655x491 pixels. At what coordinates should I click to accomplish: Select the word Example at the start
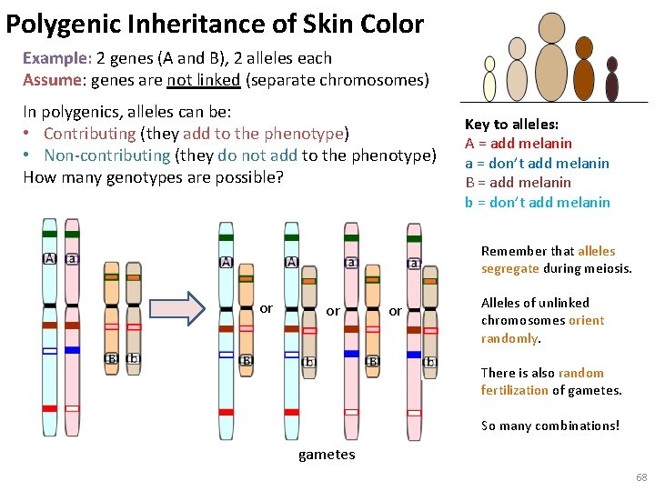point(55,58)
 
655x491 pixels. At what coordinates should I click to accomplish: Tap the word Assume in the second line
point(53,80)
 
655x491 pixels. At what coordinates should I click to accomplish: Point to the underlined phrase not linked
point(203,80)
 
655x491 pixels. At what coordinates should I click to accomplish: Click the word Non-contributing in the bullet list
point(106,155)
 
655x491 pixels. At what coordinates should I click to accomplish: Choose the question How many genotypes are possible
point(153,176)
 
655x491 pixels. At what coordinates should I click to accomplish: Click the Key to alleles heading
point(511,125)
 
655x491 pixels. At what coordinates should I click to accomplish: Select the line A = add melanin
point(519,144)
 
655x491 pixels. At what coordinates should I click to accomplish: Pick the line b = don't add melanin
point(537,202)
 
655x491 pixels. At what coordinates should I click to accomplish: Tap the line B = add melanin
point(518,183)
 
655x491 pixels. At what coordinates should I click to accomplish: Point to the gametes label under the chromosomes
point(327,455)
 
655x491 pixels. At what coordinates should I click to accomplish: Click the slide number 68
point(641,477)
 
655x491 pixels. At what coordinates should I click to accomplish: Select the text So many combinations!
point(549,426)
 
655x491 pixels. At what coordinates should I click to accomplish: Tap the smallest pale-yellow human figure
point(489,80)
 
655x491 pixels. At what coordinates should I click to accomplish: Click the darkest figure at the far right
point(612,81)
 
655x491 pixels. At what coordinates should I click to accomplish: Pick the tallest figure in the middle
point(551,60)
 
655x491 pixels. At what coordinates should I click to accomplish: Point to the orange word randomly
point(510,339)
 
